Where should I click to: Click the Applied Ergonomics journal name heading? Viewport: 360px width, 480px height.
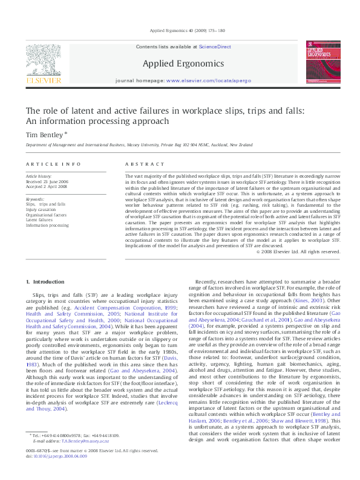pyautogui.click(x=183, y=63)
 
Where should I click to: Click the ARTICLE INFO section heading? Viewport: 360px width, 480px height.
pyautogui.click(x=53, y=164)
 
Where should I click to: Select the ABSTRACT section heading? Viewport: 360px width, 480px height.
pyautogui.click(x=145, y=164)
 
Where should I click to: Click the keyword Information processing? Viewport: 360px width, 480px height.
pyautogui.click(x=47, y=225)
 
